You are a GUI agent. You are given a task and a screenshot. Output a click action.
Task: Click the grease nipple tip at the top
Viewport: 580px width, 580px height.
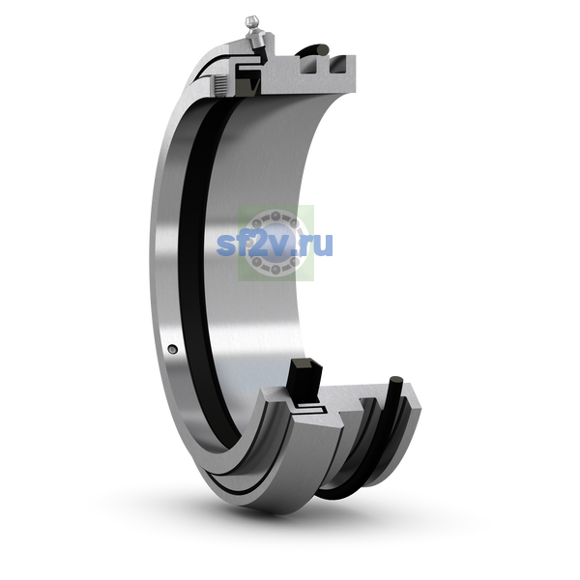[x=251, y=20]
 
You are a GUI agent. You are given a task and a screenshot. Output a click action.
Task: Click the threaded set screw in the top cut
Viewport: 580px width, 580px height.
[x=221, y=85]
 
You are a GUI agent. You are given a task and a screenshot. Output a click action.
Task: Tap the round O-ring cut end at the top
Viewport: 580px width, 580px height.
[x=323, y=49]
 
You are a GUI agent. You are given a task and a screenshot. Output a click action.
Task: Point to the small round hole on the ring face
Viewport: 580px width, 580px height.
[x=172, y=349]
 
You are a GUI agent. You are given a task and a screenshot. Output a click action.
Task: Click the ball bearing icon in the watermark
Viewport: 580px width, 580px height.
[x=275, y=243]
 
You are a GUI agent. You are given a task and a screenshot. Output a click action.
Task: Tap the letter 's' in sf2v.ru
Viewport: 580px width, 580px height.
[x=225, y=245]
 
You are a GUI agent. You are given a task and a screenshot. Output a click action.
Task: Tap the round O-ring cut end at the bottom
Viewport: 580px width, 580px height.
[x=396, y=381]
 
